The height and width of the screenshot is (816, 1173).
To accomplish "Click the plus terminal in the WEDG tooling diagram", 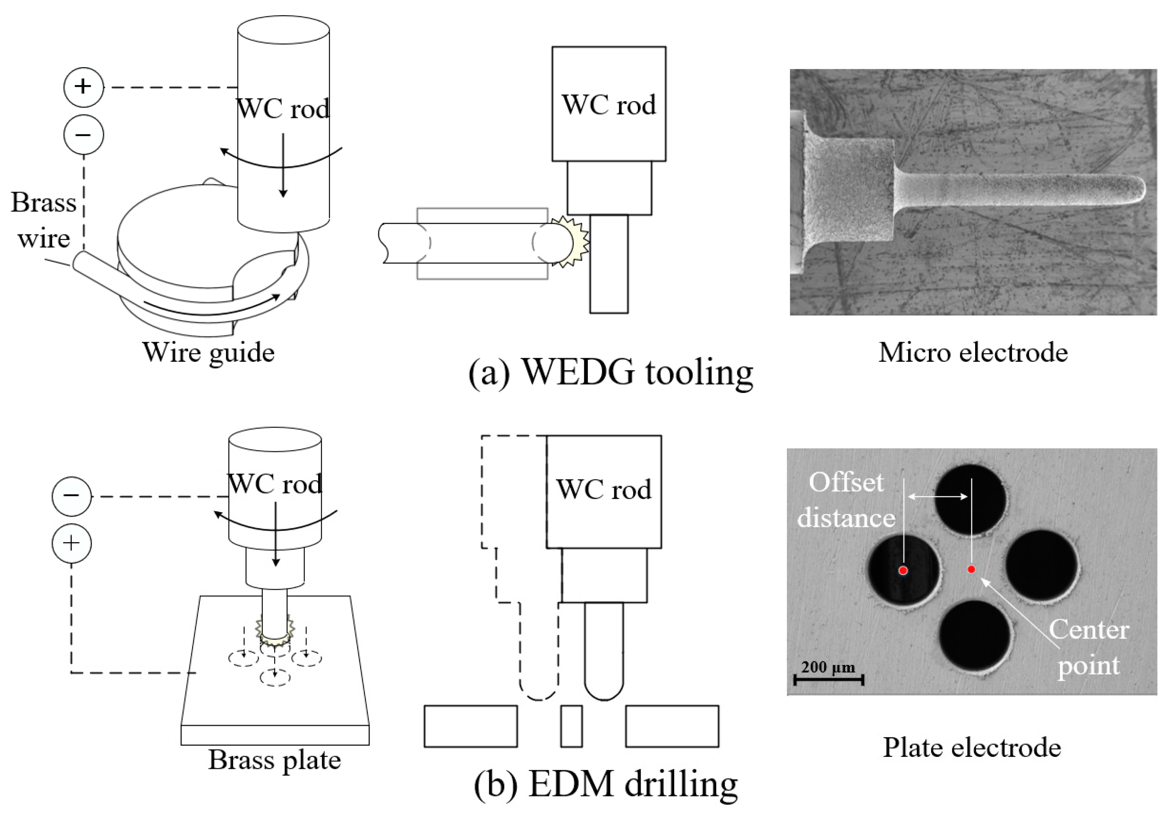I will (x=84, y=87).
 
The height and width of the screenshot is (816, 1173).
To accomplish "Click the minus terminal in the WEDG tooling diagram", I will (x=84, y=135).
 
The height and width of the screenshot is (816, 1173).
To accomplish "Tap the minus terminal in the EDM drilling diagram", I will (x=72, y=496).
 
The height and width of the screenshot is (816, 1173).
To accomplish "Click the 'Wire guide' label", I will (x=209, y=353).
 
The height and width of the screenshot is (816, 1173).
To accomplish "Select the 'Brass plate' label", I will (x=274, y=760).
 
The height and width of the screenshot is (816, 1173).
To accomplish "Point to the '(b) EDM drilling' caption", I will (x=606, y=783).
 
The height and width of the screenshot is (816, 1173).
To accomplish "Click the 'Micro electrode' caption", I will (x=973, y=353).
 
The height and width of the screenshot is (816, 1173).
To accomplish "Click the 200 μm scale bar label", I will (x=828, y=667).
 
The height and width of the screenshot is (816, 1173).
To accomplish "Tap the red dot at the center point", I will (x=971, y=569).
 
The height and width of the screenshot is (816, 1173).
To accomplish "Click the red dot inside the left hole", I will (x=903, y=570).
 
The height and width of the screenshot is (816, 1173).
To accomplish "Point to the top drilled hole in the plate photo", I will (x=970, y=500).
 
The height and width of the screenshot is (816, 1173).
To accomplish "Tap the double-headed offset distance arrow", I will (x=938, y=496).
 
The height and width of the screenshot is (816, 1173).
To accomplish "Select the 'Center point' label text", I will (x=1089, y=647).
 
